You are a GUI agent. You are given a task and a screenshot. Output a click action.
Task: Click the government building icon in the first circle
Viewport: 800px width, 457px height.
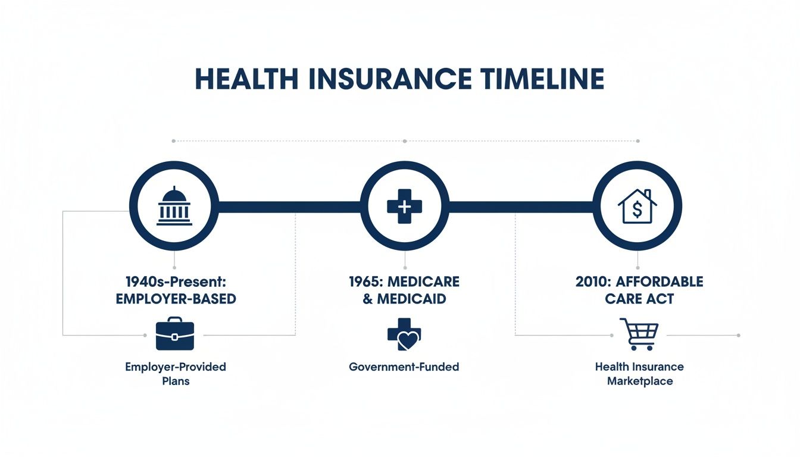pos(174,206)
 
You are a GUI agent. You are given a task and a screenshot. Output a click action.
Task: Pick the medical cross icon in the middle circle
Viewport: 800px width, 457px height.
pos(404,206)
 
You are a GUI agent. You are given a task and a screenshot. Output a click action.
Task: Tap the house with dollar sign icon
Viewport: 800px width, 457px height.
pos(637,206)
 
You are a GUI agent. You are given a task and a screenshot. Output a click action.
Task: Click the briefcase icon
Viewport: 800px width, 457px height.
pos(174,334)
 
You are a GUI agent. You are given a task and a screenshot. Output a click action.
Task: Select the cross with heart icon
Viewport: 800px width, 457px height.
pos(404,335)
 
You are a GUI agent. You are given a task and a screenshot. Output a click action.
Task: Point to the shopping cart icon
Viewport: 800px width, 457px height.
pos(639,334)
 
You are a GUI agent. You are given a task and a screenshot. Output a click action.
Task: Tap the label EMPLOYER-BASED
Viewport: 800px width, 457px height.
pos(176,299)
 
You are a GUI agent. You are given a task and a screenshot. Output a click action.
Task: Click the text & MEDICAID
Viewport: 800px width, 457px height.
pos(404,299)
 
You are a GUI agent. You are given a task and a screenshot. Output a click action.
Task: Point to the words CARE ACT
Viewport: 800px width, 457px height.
pos(639,299)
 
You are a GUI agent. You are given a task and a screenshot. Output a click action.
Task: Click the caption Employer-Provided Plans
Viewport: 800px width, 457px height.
pos(176,373)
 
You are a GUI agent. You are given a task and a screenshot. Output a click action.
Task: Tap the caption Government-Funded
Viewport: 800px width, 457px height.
pos(404,367)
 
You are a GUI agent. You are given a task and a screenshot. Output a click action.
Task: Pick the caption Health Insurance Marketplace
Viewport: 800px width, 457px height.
pos(639,373)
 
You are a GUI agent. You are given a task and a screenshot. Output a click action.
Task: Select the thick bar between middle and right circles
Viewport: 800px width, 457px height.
pos(521,206)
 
